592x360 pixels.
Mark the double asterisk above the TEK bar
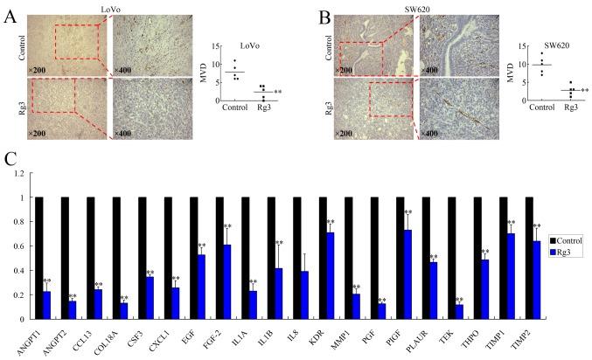(459, 299)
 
